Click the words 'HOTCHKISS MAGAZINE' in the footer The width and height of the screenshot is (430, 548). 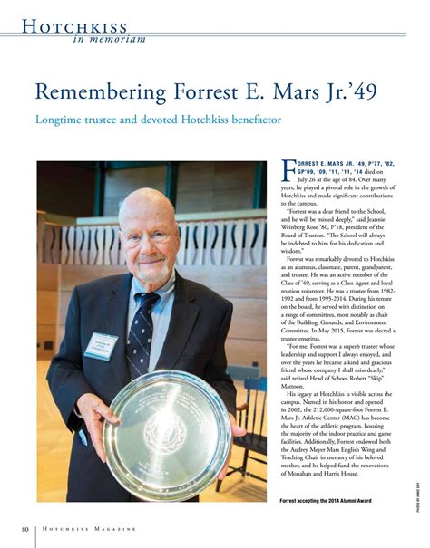click(90, 529)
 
